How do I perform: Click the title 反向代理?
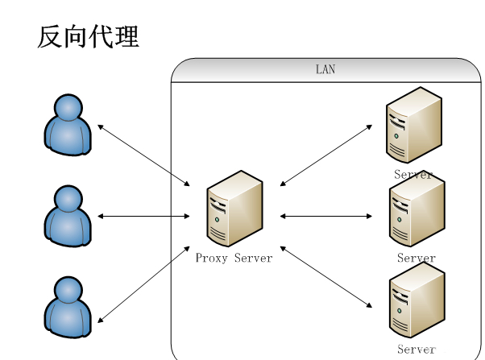[88, 36]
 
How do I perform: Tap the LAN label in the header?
[325, 70]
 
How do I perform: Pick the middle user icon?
[67, 215]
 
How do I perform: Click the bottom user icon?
[67, 306]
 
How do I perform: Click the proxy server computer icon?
[234, 208]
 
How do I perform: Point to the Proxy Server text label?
[234, 259]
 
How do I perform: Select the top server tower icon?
[413, 125]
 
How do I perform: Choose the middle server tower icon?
[416, 210]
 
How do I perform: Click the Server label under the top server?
[413, 174]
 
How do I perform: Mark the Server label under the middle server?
[417, 259]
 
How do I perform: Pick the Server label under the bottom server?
[417, 350]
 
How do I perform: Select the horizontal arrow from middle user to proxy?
[143, 216]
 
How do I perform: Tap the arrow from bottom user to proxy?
[143, 284]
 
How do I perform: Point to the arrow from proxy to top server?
[326, 155]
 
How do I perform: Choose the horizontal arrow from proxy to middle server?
[326, 216]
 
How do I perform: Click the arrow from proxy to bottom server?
[326, 277]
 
